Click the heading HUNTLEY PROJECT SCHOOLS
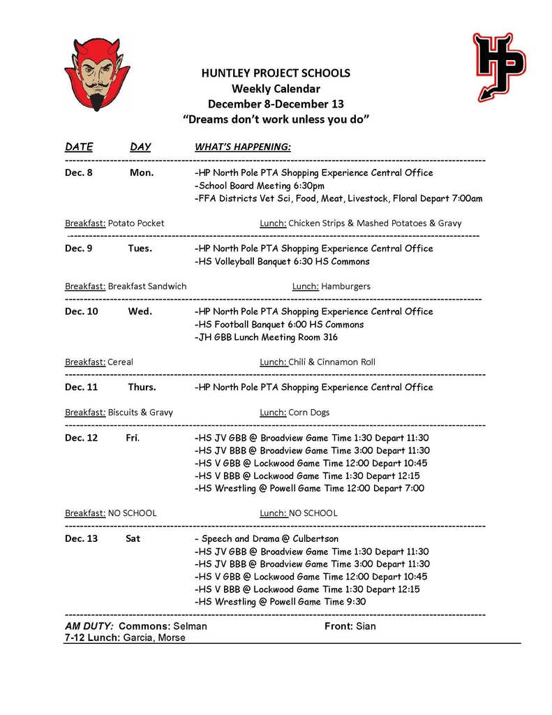(x=276, y=73)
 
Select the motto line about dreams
(x=276, y=119)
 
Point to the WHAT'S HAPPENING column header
(x=242, y=147)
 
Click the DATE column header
(x=79, y=147)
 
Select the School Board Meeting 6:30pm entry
(x=260, y=186)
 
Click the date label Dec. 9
(x=79, y=249)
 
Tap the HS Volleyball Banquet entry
(x=282, y=261)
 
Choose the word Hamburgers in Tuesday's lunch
(x=346, y=286)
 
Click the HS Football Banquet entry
(x=279, y=325)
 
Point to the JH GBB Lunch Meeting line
(x=266, y=337)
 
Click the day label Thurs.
(x=142, y=388)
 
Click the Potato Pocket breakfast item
(x=137, y=223)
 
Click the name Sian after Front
(x=366, y=626)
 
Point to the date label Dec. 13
(x=82, y=539)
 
